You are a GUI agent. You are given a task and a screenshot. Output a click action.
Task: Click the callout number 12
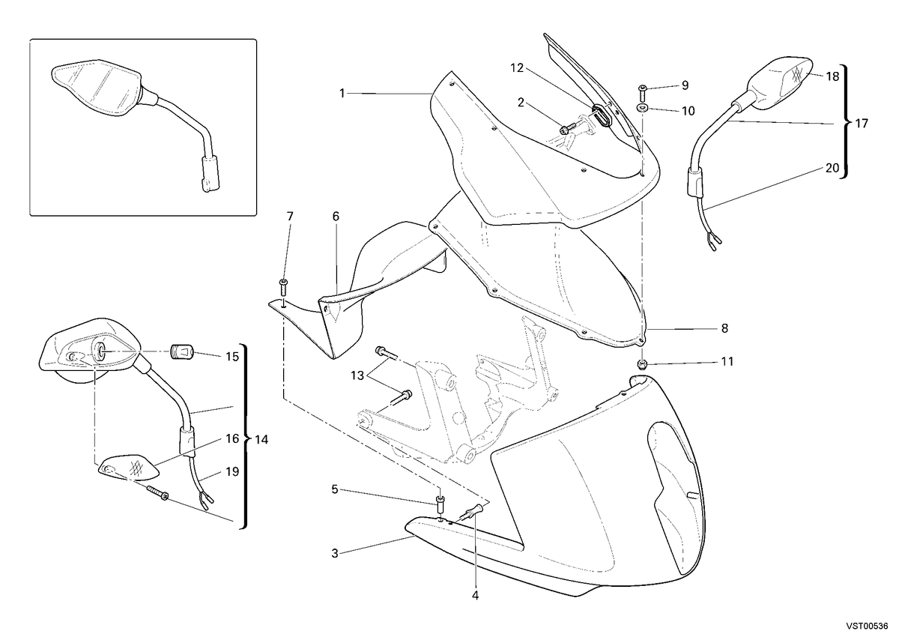click(517, 68)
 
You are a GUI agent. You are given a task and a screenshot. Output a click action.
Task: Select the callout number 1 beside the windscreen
click(342, 94)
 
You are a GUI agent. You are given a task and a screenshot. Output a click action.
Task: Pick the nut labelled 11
click(642, 363)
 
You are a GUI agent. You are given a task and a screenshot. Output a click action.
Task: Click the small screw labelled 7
click(283, 288)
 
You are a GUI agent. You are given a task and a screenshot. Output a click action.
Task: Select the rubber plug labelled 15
click(183, 352)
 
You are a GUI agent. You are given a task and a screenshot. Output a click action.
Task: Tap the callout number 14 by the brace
click(261, 440)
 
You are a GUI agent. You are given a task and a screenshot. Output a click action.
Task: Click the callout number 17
click(862, 123)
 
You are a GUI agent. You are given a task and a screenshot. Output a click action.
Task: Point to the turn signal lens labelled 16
click(128, 468)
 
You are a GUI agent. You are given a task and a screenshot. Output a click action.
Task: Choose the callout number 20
click(832, 168)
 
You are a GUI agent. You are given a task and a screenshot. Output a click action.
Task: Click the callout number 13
click(357, 375)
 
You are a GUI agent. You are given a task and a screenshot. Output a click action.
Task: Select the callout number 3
click(335, 554)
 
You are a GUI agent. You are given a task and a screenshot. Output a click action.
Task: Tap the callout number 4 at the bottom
click(475, 595)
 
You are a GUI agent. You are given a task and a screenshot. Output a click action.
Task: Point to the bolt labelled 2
click(565, 130)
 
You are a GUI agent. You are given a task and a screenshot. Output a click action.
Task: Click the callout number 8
click(724, 328)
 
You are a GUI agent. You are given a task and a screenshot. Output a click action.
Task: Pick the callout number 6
click(336, 217)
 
